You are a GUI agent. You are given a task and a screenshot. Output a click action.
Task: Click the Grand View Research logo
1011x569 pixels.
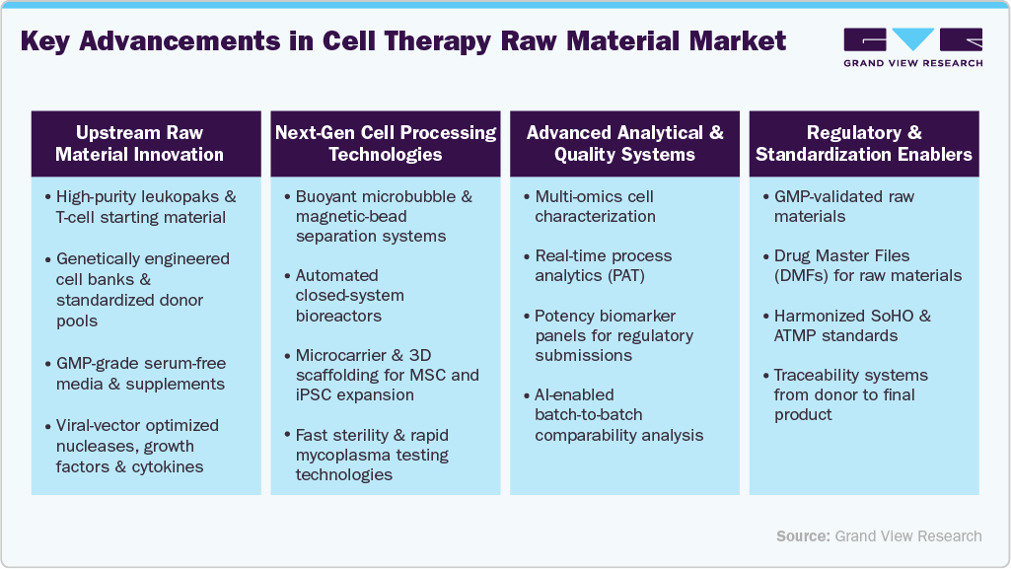click(x=912, y=46)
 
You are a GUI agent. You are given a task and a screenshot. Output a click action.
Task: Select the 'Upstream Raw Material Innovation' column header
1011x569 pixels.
click(x=139, y=143)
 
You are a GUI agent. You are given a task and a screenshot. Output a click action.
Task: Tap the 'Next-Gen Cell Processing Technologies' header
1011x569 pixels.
click(x=386, y=143)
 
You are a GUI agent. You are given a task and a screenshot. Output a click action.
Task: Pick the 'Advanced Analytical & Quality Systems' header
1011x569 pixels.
click(x=624, y=143)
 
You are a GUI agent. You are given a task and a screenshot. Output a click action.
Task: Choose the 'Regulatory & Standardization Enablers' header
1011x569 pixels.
click(x=863, y=143)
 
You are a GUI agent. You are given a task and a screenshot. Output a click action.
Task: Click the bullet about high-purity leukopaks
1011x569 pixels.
click(x=141, y=207)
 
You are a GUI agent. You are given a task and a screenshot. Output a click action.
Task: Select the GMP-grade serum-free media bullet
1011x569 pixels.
click(x=141, y=374)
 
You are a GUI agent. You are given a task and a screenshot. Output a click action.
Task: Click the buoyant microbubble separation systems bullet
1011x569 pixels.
click(x=383, y=216)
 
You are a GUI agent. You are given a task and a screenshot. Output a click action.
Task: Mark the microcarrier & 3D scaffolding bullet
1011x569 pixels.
click(x=386, y=375)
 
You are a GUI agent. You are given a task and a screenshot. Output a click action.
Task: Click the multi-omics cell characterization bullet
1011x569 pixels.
click(x=595, y=206)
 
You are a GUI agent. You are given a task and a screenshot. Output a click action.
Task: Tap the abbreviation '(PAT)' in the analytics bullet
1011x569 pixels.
click(x=624, y=276)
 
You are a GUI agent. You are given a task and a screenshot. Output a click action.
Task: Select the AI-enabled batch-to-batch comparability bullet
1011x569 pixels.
click(x=618, y=414)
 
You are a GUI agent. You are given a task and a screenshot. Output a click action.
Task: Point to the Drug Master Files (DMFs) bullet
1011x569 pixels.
click(x=868, y=266)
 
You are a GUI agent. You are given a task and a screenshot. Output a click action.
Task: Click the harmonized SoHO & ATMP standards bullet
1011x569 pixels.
click(x=851, y=325)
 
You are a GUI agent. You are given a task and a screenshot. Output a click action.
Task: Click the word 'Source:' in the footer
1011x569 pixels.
click(x=803, y=535)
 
